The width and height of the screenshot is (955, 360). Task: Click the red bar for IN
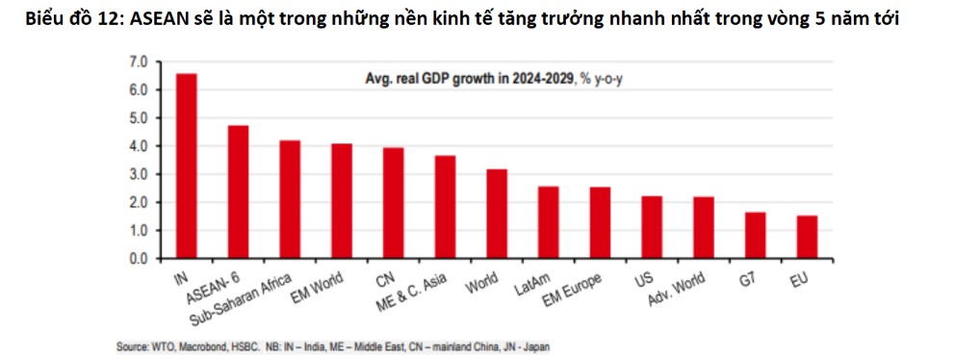[187, 167]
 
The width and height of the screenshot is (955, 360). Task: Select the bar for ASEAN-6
[238, 193]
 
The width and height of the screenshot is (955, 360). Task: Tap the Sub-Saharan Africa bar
[290, 200]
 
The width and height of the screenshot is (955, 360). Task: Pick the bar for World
[497, 215]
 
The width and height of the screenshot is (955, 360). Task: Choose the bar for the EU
[807, 238]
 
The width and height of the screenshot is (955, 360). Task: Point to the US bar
[652, 228]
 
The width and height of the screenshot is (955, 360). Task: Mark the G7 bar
[755, 236]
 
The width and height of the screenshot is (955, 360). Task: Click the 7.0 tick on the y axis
[138, 62]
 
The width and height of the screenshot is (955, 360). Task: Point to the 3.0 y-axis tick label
[138, 174]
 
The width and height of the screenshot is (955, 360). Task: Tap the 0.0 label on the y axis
[138, 259]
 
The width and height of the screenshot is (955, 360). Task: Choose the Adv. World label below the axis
[677, 289]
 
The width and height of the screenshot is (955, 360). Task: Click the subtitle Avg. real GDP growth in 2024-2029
[469, 79]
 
